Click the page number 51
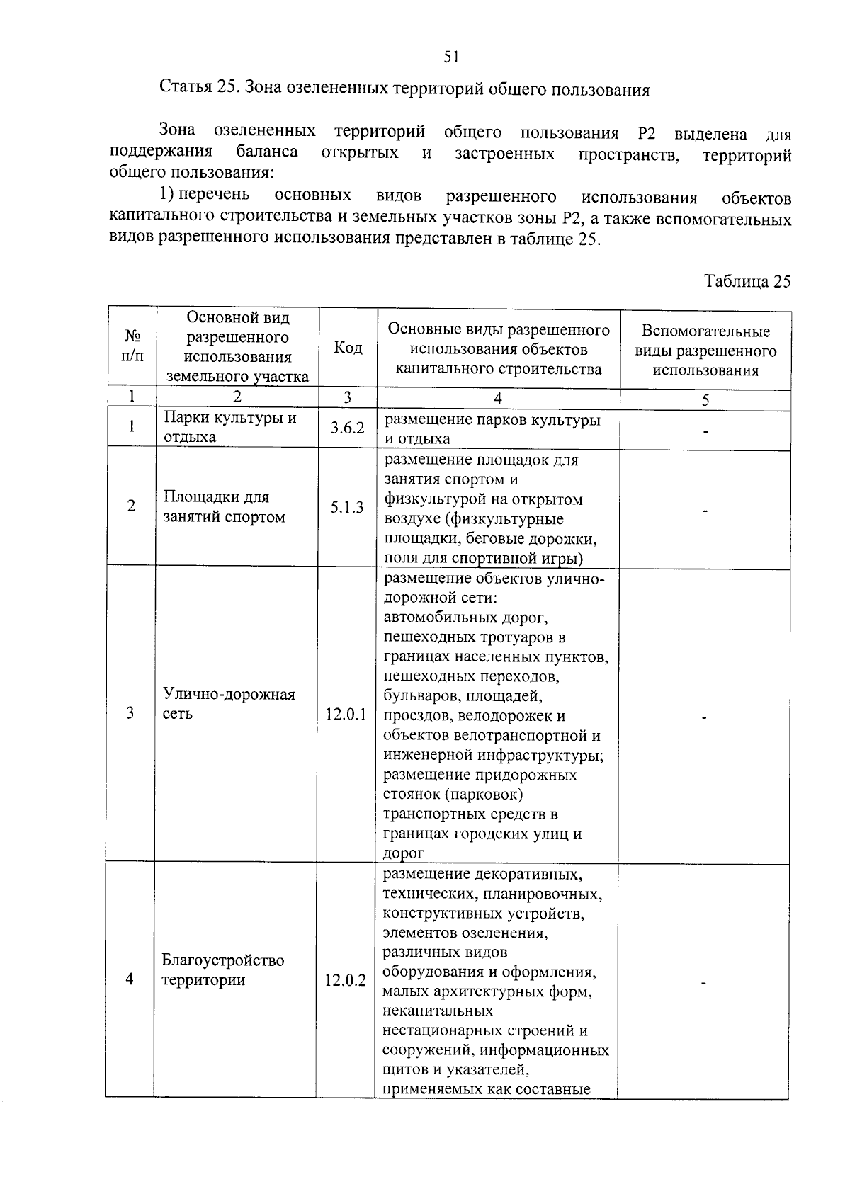[452, 57]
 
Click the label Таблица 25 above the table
[747, 281]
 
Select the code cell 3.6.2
[347, 428]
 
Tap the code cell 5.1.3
[347, 507]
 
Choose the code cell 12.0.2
[346, 981]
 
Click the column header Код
[348, 347]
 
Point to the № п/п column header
[132, 346]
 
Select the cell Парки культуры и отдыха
[229, 427]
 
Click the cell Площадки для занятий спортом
[224, 507]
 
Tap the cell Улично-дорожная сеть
[228, 703]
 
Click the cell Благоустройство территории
[222, 970]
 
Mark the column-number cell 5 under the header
[705, 399]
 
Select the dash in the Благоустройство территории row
[703, 983]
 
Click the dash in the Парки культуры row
[705, 431]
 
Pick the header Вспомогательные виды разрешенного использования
[705, 351]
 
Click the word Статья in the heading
[186, 89]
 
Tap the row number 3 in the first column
[130, 713]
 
